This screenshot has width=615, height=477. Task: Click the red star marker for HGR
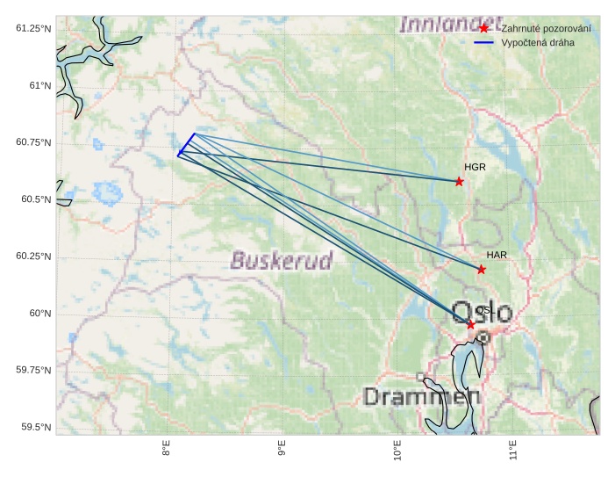pyautogui.click(x=459, y=181)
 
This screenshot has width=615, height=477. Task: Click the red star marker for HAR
pyautogui.click(x=482, y=270)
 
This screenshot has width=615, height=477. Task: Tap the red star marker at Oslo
pyautogui.click(x=471, y=325)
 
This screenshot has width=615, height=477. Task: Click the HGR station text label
pyautogui.click(x=475, y=167)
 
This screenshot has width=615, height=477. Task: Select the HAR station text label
pyautogui.click(x=497, y=255)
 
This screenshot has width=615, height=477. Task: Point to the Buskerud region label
pyautogui.click(x=282, y=260)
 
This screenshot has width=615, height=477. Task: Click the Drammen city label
pyautogui.click(x=422, y=397)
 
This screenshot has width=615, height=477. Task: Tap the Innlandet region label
pyautogui.click(x=450, y=25)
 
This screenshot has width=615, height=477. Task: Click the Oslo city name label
pyautogui.click(x=483, y=311)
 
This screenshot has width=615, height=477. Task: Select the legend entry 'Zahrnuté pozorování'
pyautogui.click(x=545, y=29)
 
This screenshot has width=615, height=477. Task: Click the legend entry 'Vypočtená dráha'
pyautogui.click(x=538, y=42)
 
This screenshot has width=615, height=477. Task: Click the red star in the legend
pyautogui.click(x=483, y=29)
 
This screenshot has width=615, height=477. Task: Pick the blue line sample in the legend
pyautogui.click(x=483, y=42)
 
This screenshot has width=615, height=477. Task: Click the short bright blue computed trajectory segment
pyautogui.click(x=186, y=144)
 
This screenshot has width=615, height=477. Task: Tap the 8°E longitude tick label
pyautogui.click(x=166, y=452)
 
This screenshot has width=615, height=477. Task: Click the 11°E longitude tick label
pyautogui.click(x=513, y=452)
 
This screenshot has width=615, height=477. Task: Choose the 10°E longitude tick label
pyautogui.click(x=397, y=452)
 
